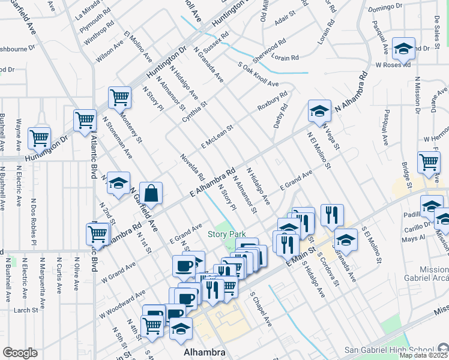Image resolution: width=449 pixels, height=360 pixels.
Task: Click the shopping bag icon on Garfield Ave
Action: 151,193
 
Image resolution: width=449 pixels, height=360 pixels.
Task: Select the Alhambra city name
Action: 204,353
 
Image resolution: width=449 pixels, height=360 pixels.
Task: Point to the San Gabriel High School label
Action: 389,350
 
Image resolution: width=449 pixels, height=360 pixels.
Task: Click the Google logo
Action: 20,352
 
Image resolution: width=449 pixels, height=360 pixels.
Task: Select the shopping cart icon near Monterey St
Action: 120,97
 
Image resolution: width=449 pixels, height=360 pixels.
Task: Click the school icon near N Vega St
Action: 319,110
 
